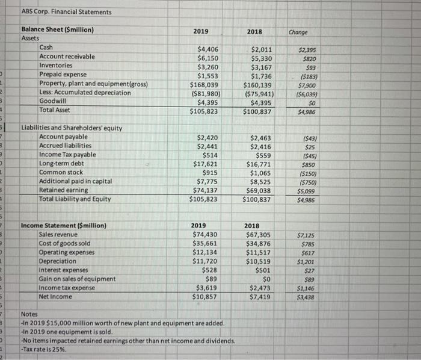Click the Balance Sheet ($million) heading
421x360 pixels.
57,29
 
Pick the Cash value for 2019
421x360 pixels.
209,48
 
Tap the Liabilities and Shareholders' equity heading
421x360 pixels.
72,128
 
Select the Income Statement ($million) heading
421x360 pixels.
64,226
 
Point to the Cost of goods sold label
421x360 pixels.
65,243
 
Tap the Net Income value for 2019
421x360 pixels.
206,297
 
